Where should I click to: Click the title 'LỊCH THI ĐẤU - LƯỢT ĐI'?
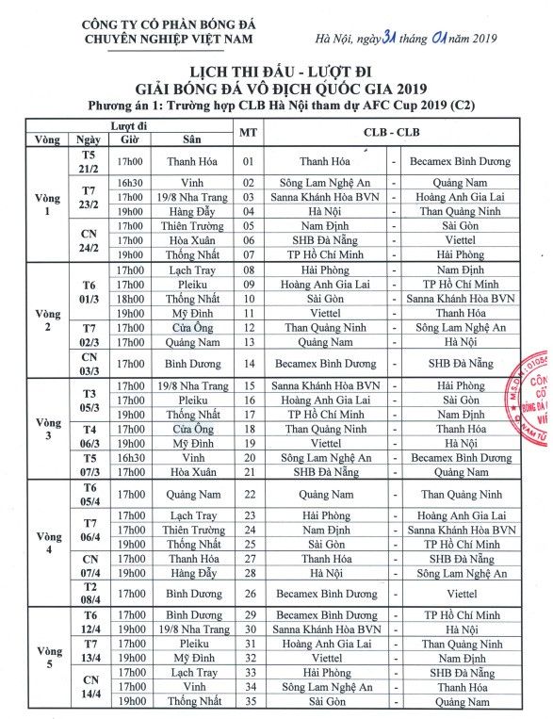pos(275,72)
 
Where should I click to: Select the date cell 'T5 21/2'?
pos(89,160)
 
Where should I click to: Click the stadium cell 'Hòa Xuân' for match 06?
pos(193,239)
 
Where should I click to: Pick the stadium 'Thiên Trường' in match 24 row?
pos(193,531)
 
